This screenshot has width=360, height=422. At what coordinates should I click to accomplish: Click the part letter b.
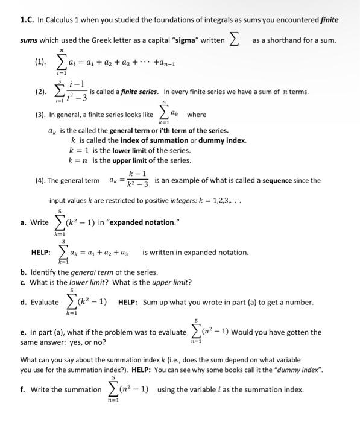click(23, 272)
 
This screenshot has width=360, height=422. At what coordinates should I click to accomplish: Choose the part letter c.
click(23, 282)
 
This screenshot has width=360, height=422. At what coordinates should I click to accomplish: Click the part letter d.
click(23, 302)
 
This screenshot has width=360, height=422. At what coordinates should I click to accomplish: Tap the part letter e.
click(23, 332)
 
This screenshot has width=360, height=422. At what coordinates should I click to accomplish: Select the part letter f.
click(22, 389)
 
